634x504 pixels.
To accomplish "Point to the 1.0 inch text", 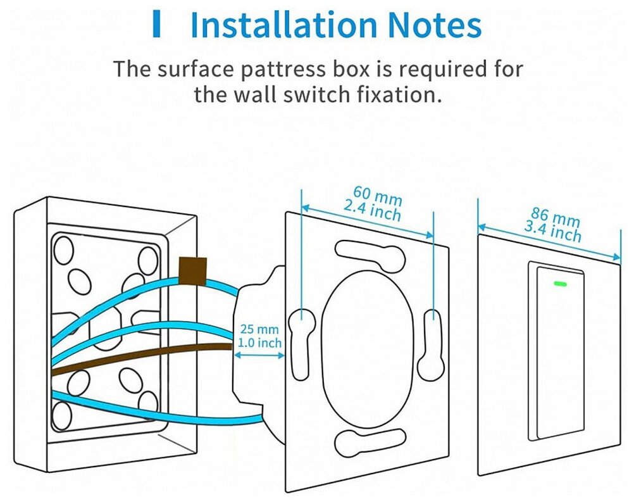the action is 259,343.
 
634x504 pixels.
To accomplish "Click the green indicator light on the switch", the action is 559,284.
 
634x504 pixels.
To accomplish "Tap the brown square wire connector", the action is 194,271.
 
